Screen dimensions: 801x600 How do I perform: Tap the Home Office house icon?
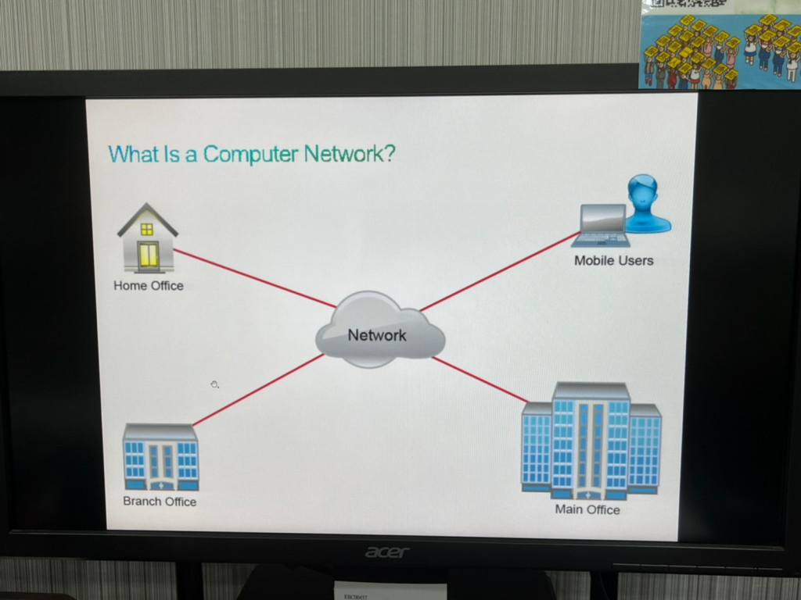[147, 238]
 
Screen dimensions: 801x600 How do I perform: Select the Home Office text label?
[149, 286]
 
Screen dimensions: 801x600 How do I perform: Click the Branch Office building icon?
[160, 457]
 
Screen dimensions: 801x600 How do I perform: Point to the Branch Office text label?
[160, 502]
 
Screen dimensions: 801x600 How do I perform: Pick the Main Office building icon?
[591, 441]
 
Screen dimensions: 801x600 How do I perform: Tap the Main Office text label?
[587, 509]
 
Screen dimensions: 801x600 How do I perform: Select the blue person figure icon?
[646, 205]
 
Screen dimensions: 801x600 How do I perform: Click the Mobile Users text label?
[613, 261]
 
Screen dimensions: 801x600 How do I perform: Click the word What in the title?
[134, 154]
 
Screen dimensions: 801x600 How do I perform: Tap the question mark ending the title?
[389, 153]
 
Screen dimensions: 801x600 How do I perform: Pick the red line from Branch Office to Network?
[258, 390]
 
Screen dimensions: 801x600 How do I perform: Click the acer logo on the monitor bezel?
[387, 552]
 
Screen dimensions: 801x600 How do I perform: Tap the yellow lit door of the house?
[148, 255]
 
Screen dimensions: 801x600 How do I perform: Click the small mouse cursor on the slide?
[214, 384]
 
